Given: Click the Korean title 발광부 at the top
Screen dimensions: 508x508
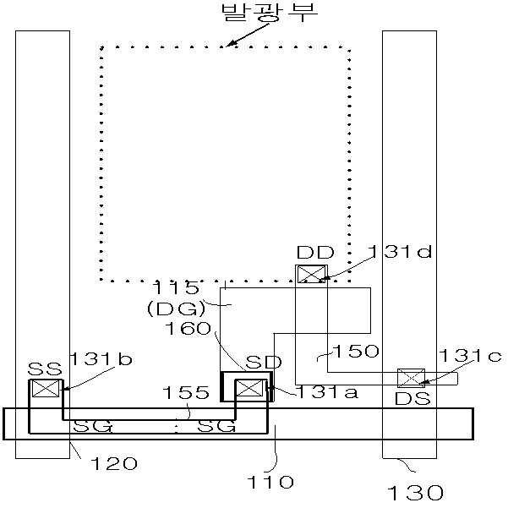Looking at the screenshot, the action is point(270,13).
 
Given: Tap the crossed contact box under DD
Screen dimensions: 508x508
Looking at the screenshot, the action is point(311,274).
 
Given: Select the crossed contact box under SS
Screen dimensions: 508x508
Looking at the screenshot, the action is point(46,388).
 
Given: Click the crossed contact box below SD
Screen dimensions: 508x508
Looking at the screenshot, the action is point(249,388).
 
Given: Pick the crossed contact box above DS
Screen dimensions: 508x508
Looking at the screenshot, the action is point(411,378).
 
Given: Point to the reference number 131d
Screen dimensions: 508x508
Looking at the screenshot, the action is point(400,251).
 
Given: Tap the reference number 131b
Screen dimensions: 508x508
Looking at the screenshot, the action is point(101,358).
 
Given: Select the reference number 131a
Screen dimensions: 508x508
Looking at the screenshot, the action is point(327,391).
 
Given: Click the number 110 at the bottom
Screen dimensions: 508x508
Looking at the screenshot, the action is point(270,482).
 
